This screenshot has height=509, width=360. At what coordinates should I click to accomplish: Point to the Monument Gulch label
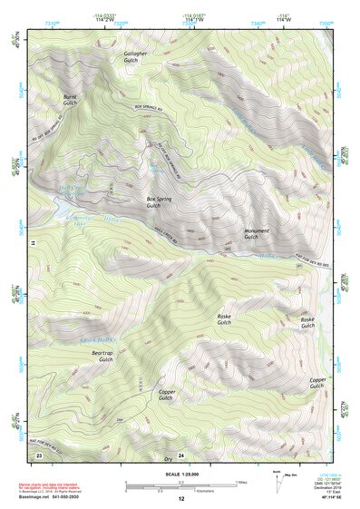tap(257, 234)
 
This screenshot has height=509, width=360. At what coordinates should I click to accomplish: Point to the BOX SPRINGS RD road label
tap(127, 118)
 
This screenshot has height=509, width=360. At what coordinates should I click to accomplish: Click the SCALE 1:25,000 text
tap(180, 472)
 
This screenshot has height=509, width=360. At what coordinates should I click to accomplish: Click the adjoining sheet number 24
tap(180, 454)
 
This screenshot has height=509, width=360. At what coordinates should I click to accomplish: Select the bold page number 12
tap(180, 500)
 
